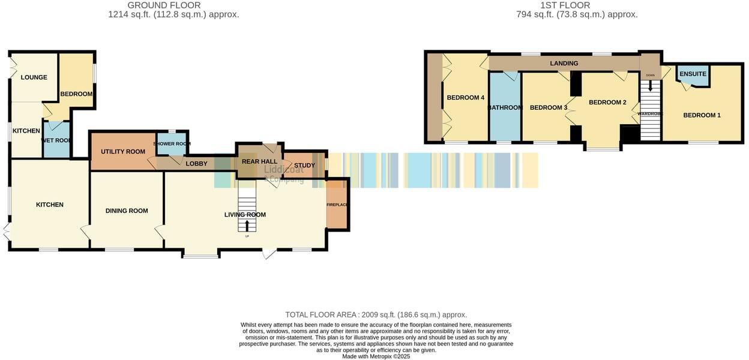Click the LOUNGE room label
(x=34, y=77)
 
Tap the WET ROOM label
(x=56, y=140)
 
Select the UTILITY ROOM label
(x=123, y=151)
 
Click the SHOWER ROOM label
(x=172, y=144)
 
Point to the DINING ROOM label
(x=127, y=211)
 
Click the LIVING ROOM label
(x=245, y=215)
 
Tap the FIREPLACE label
(x=337, y=205)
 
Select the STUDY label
(x=304, y=165)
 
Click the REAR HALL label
(x=259, y=161)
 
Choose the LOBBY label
(x=196, y=164)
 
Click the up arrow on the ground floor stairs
(x=247, y=226)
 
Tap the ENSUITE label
(x=694, y=74)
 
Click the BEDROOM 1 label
(x=702, y=115)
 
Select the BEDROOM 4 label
(x=465, y=98)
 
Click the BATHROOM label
(x=505, y=107)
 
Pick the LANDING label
(x=564, y=63)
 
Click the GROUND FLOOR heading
(x=164, y=5)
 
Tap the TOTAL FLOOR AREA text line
(x=376, y=314)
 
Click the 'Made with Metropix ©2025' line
(x=376, y=356)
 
